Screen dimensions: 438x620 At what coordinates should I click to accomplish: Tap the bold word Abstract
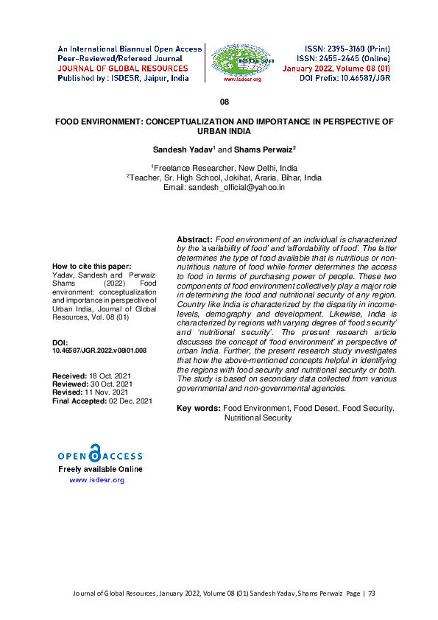click(194, 240)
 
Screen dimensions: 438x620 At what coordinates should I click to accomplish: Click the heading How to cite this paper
click(92, 266)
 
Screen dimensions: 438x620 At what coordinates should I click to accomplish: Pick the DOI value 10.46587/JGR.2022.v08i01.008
click(99, 351)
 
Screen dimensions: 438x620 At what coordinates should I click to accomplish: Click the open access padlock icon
click(93, 453)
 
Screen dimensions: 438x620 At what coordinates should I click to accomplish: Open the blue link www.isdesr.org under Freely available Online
click(96, 480)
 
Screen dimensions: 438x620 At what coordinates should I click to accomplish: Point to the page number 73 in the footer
click(371, 592)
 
